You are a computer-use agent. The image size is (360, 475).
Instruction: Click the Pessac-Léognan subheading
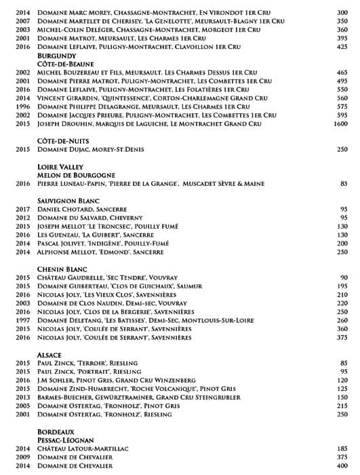coord(66,440)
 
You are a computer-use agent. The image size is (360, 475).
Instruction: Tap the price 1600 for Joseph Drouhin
coord(340,123)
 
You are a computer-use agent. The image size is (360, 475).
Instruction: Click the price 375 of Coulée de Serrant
coord(342,337)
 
